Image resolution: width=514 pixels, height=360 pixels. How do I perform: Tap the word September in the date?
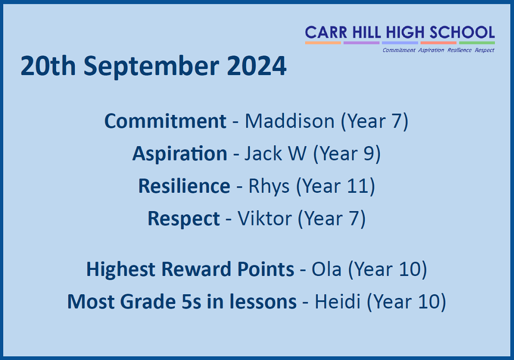tap(150, 67)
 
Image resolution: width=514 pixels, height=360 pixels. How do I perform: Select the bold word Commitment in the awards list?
tap(165, 121)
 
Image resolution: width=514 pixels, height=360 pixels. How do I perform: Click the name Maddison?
tap(289, 121)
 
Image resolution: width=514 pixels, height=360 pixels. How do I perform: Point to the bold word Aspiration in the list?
tap(179, 154)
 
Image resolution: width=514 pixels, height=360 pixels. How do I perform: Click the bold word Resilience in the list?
tap(184, 186)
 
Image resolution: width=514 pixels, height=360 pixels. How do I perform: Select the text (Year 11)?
tap(336, 186)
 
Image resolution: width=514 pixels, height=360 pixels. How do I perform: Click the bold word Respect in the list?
tap(184, 219)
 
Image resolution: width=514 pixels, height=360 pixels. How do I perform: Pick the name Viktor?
tap(265, 219)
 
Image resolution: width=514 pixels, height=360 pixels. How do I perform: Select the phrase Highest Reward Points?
tap(190, 269)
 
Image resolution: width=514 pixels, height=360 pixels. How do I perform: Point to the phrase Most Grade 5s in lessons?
tap(182, 302)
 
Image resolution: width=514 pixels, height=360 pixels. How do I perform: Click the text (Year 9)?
tap(347, 154)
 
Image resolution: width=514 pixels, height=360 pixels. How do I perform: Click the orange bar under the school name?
tap(323, 43)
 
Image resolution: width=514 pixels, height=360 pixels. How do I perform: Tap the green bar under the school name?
tap(477, 43)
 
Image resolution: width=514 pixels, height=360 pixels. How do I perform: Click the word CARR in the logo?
tap(322, 33)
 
